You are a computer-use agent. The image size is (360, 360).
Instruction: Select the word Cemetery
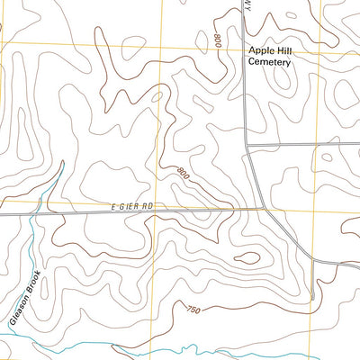pyautogui.click(x=274, y=67)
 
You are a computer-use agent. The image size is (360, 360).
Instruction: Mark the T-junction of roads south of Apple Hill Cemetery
pyautogui.click(x=247, y=144)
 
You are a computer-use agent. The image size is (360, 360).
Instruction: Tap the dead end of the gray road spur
pyautogui.click(x=311, y=299)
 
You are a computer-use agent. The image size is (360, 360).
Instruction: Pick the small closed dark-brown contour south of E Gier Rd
pyautogui.click(x=249, y=258)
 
